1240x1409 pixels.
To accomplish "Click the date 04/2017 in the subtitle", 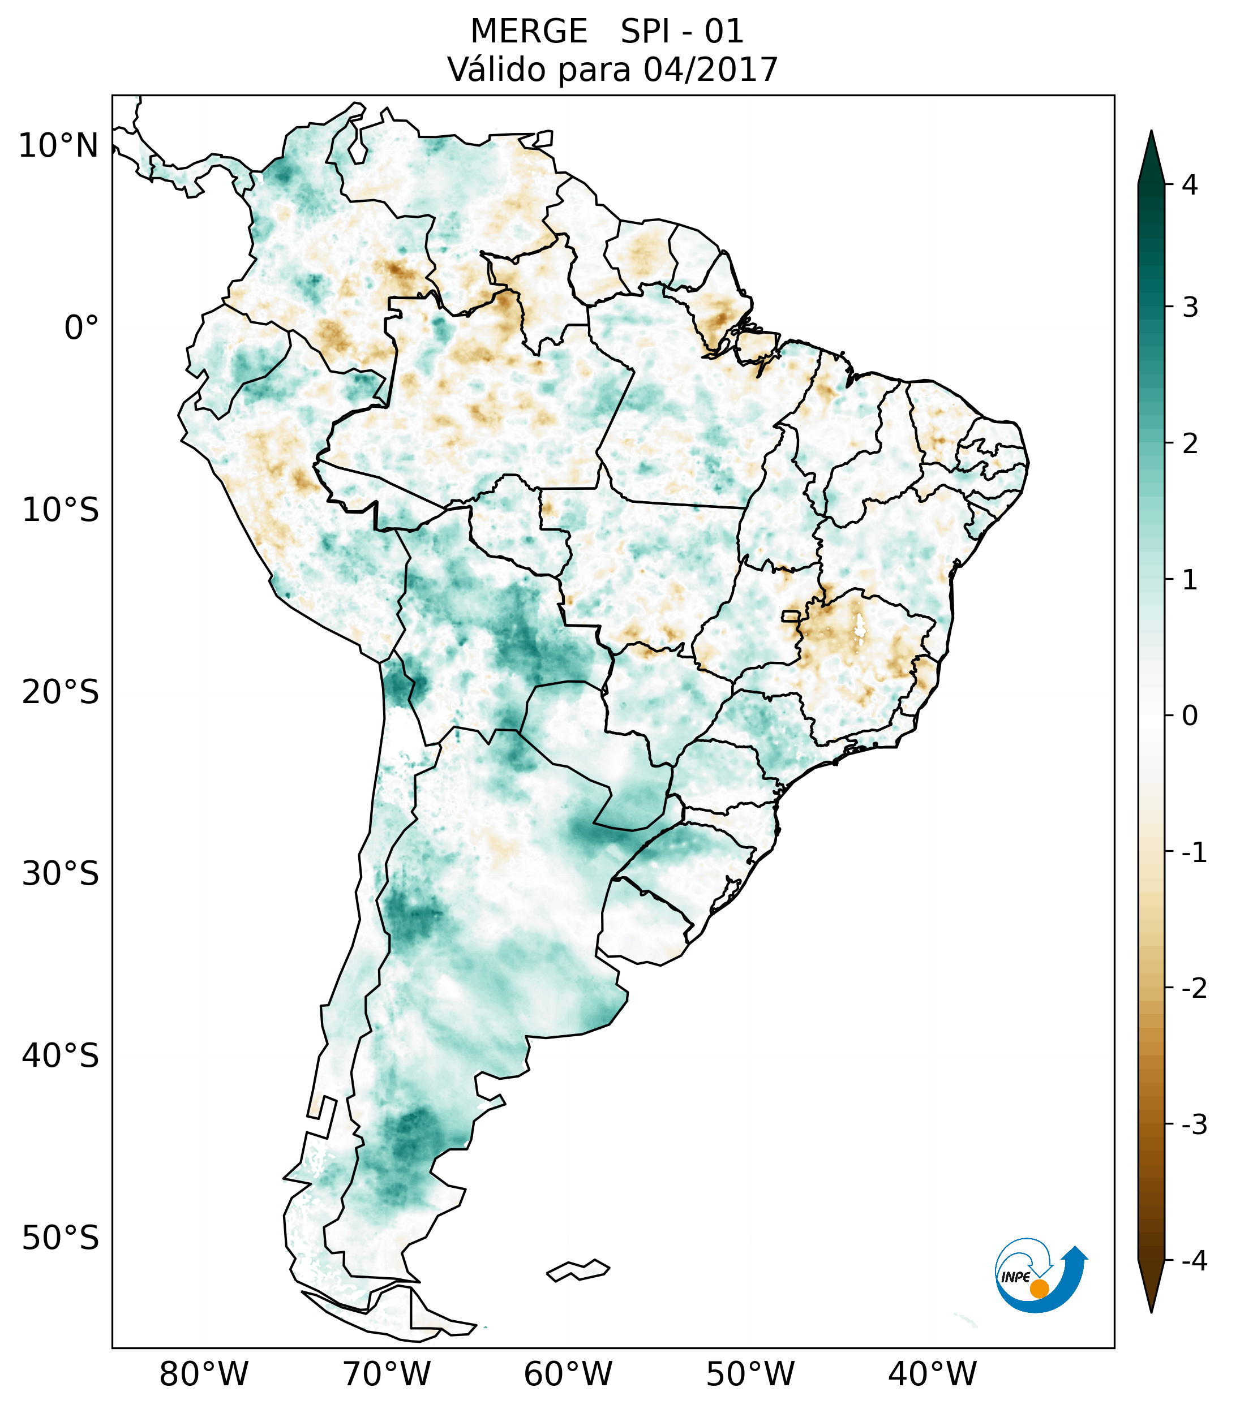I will [x=710, y=70].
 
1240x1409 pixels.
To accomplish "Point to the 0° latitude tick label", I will [x=81, y=328].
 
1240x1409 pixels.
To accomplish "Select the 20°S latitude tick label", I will [x=61, y=692].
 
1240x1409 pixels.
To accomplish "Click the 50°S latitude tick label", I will [x=61, y=1239].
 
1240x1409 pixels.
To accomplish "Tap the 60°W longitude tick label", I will [x=568, y=1374].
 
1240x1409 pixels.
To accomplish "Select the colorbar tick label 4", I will [x=1189, y=185].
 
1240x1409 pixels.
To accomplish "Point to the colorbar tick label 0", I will [x=1190, y=716].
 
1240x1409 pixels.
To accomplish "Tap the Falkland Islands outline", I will [x=578, y=1270].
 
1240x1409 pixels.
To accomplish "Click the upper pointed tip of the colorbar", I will [x=1151, y=133].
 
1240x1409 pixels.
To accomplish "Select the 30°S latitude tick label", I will [x=61, y=874].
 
